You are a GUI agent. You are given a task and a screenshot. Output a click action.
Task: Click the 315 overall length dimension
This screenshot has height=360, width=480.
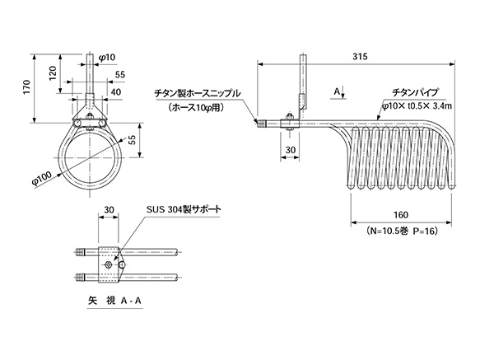360,57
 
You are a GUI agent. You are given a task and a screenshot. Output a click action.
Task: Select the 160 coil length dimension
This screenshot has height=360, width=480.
401,215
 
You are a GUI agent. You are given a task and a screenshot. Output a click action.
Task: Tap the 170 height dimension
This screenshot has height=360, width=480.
27,87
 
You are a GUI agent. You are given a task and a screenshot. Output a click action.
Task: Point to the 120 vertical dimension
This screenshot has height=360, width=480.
53,73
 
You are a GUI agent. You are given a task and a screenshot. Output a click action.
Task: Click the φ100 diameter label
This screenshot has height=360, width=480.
42,179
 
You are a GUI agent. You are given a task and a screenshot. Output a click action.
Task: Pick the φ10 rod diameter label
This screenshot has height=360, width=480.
107,58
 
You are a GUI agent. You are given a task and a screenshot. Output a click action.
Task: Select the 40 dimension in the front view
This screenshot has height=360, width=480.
115,91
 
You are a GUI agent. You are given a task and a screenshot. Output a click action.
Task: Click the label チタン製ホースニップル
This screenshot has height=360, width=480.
197,93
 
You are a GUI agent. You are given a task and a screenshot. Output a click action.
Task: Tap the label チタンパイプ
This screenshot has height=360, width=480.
416,92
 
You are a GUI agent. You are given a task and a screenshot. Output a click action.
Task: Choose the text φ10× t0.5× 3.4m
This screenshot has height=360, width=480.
417,106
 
